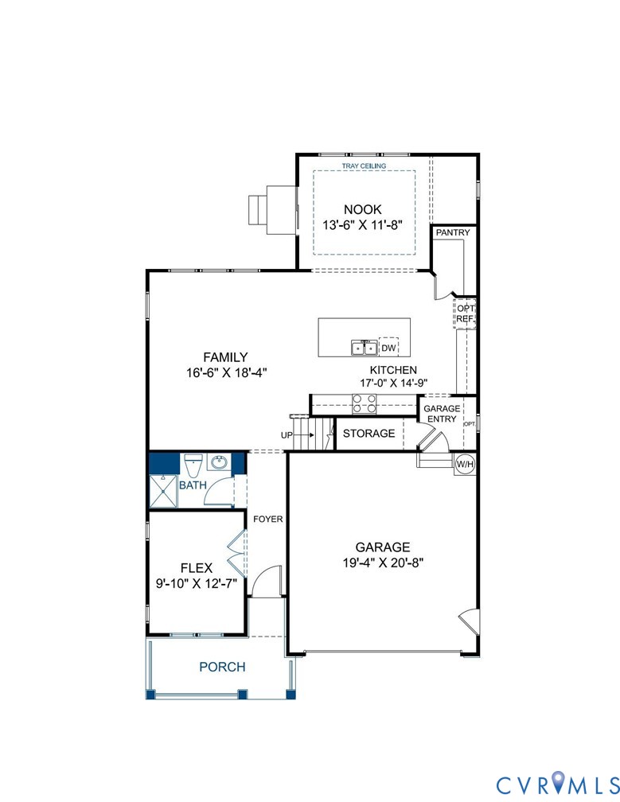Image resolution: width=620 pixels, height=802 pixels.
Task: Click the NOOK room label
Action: (364, 210)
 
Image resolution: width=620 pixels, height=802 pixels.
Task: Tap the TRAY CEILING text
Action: (364, 166)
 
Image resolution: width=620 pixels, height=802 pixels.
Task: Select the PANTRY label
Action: (453, 233)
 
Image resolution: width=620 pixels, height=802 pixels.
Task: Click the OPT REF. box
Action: (465, 313)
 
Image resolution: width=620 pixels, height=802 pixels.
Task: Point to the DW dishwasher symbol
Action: (388, 348)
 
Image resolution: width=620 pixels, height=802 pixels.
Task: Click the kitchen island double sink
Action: (365, 348)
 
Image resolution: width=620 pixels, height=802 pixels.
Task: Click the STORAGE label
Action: (368, 434)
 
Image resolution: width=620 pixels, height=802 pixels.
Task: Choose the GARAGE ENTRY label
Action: (441, 414)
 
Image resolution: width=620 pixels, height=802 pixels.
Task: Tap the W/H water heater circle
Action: (464, 463)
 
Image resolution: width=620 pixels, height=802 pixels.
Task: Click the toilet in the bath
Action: (193, 464)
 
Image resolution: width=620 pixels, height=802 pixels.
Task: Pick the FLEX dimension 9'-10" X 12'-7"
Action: (197, 582)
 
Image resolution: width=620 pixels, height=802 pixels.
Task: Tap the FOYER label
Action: (268, 520)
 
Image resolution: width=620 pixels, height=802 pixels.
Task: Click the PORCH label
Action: (222, 667)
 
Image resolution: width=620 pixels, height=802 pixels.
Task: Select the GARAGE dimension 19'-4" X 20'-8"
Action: (382, 562)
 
